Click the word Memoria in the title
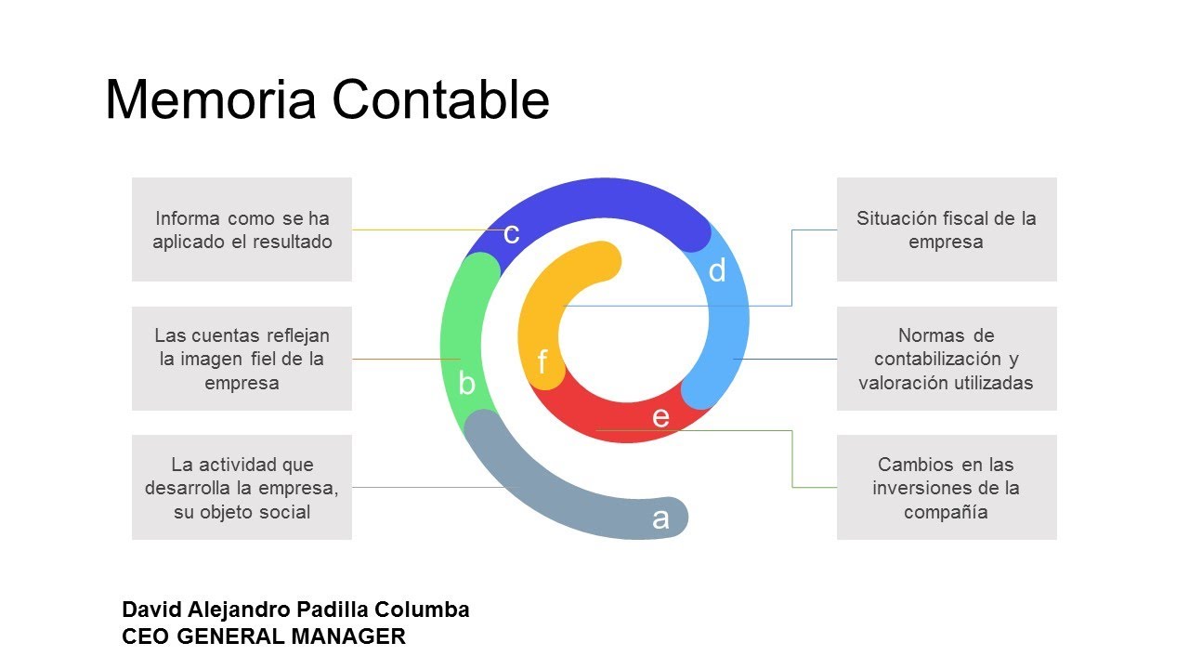tap(211, 99)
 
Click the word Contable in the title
tap(440, 98)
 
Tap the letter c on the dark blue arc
tap(511, 234)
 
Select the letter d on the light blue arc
tap(717, 270)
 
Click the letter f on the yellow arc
tap(542, 361)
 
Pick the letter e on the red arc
tap(660, 417)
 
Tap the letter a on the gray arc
tap(660, 519)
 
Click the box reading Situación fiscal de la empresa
tap(947, 230)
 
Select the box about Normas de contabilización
tap(947, 359)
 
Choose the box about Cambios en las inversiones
tap(947, 488)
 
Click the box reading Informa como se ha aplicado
tap(242, 230)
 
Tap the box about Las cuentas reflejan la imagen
tap(242, 359)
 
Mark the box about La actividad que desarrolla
tap(242, 488)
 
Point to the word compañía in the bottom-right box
tap(946, 512)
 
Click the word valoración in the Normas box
tap(897, 383)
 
